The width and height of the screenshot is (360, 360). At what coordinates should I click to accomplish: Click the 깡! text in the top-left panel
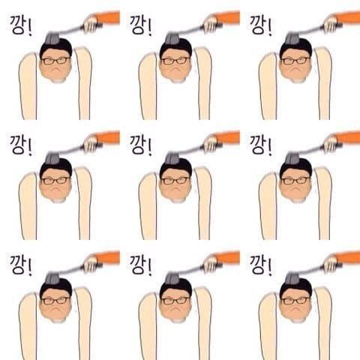tap(21, 25)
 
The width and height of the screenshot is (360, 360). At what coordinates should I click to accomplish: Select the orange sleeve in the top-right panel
tap(348, 17)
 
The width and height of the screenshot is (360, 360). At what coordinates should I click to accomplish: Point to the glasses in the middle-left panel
tap(55, 180)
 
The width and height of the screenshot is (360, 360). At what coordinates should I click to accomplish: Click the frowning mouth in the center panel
tap(176, 189)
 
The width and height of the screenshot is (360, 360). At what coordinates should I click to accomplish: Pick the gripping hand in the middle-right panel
tap(331, 143)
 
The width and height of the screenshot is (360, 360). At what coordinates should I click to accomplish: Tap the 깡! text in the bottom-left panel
tap(21, 265)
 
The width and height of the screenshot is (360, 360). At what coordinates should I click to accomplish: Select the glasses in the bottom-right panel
tap(295, 300)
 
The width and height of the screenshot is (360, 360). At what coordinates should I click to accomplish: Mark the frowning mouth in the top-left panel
tap(56, 69)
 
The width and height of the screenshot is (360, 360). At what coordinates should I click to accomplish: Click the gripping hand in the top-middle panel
tap(211, 23)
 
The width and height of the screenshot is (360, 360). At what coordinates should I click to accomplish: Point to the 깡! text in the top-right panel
tap(261, 25)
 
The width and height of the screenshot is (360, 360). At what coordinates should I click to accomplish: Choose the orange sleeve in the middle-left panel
tap(108, 137)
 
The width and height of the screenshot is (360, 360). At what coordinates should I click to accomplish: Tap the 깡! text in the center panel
tap(141, 145)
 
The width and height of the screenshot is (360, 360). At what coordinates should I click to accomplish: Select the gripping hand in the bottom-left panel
tap(91, 263)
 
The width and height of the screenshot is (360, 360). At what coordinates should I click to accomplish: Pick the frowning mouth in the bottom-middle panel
tap(176, 309)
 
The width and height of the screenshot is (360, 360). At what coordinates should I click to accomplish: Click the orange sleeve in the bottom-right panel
tap(348, 257)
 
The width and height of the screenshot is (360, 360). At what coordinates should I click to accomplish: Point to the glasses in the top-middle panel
tap(175, 60)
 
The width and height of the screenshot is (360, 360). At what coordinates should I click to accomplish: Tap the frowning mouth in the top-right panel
tap(296, 69)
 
